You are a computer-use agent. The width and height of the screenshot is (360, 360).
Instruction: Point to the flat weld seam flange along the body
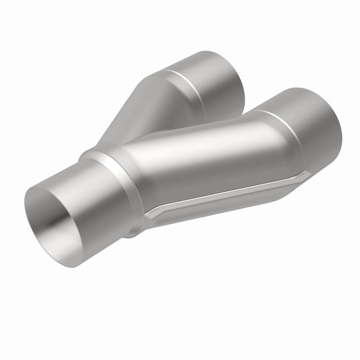226,195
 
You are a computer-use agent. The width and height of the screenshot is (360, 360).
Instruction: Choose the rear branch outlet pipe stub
216,82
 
